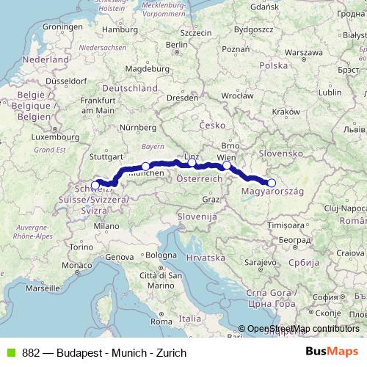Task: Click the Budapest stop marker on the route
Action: tap(271, 183)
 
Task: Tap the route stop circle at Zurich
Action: tap(95, 185)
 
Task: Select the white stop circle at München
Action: tap(145, 167)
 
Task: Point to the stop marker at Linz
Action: tap(192, 163)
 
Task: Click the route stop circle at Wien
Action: tap(227, 166)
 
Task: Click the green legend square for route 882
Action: tap(8, 352)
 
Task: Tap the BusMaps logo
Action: tap(337, 352)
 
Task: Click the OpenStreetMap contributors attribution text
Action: tap(303, 329)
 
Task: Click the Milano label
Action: tap(111, 227)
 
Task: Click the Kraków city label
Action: tap(282, 111)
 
